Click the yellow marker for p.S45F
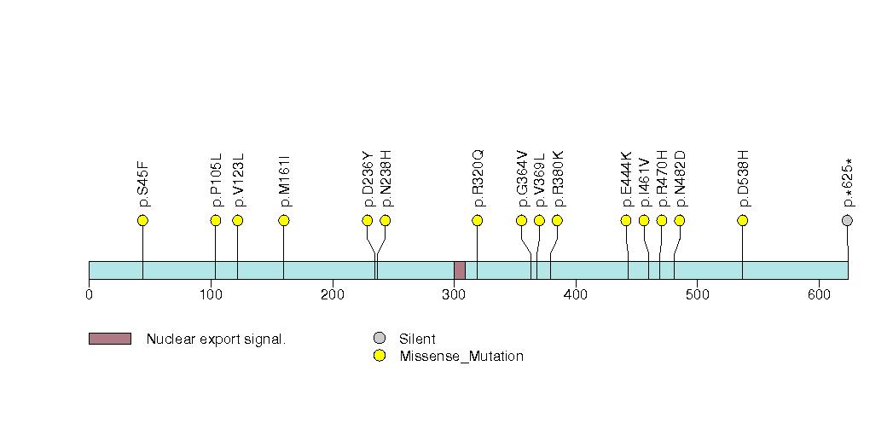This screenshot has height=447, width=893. tap(142, 221)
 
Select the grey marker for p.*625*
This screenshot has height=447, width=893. tap(847, 221)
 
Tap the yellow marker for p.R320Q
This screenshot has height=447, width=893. tap(478, 221)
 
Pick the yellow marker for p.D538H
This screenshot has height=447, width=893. tap(742, 221)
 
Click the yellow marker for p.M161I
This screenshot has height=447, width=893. tap(284, 221)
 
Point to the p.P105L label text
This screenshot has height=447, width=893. tap(217, 180)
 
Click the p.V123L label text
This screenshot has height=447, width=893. tap(239, 180)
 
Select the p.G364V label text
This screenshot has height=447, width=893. tap(522, 179)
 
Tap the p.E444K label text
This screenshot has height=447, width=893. tap(627, 179)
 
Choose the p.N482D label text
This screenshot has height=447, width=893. tap(680, 179)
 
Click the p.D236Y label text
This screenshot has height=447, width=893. tap(368, 179)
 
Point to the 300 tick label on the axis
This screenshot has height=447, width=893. tap(453, 295)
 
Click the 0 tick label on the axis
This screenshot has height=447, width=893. tap(89, 295)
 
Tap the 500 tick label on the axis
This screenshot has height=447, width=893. tap(697, 295)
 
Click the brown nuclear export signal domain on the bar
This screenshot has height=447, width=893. tap(459, 270)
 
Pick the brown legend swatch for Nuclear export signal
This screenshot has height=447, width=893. tap(109, 339)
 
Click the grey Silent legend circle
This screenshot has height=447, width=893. tap(380, 339)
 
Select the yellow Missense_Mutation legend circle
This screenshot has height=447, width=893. tap(380, 356)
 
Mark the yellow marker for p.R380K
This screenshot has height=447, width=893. tap(557, 221)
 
